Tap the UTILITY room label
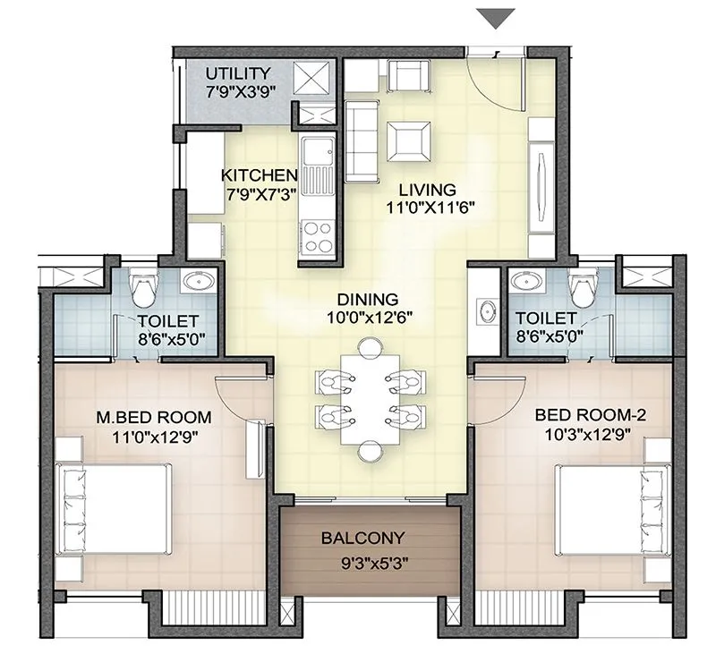coord(237,73)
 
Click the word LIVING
coord(428,190)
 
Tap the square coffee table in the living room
coord(408,139)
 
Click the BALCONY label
coord(363,539)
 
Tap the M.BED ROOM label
coord(153,417)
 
